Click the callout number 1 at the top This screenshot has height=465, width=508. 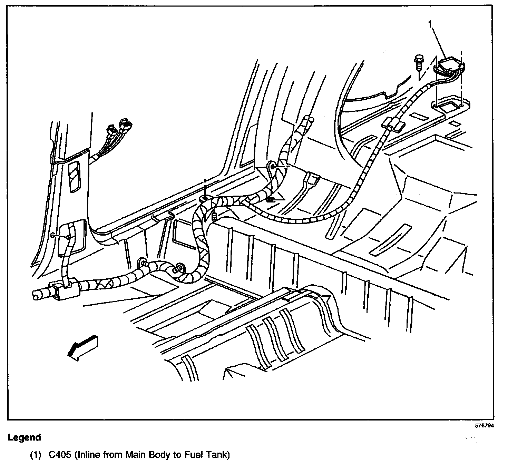point(430,23)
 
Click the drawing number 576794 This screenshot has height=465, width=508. point(484,425)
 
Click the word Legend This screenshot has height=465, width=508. point(24,438)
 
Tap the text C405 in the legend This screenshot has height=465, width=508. point(59,455)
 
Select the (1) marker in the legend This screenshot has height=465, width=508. point(36,455)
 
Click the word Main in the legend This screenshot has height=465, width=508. point(135,455)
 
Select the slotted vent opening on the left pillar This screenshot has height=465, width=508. point(75,177)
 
